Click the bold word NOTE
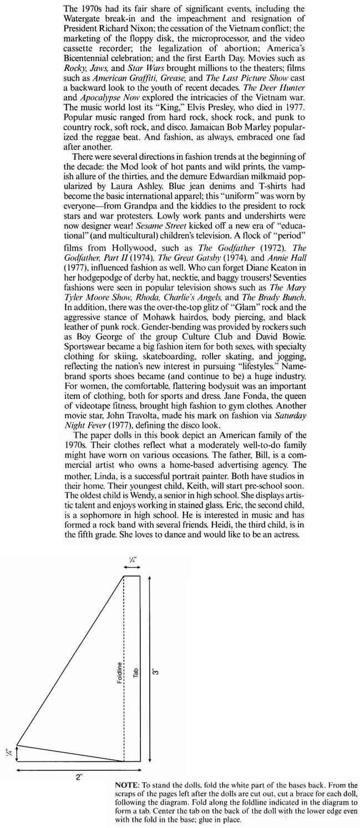coord(126,785)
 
